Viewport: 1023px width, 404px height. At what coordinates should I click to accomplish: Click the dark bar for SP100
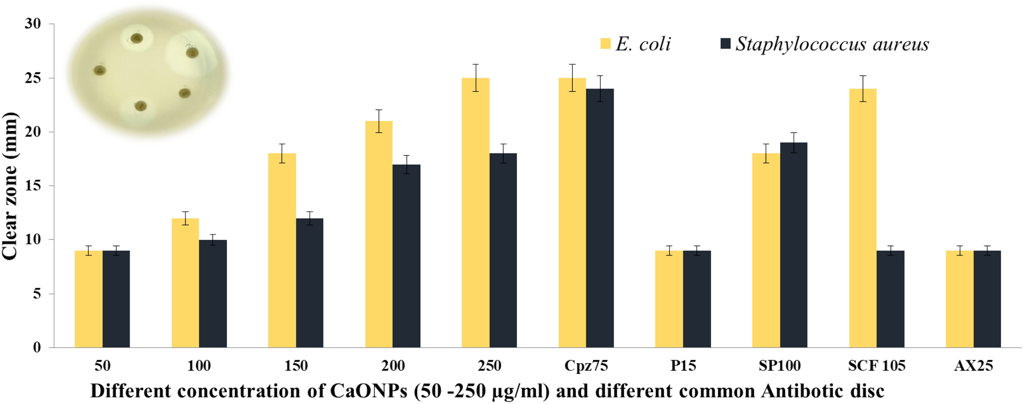pos(794,245)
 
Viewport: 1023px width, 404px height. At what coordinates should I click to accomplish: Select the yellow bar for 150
pos(282,250)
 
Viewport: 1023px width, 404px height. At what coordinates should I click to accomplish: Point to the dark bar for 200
pos(406,256)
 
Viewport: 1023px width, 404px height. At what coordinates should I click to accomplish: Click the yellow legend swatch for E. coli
pos(605,43)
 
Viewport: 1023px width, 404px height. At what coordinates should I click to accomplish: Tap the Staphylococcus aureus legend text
pos(832,44)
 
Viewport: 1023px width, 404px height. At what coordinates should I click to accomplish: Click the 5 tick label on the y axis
pos(37,294)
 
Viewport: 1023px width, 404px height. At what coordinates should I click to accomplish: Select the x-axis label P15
pos(683,366)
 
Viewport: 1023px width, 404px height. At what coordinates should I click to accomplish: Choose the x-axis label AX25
pos(973,366)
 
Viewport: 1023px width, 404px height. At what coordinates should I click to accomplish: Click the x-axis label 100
pos(199,366)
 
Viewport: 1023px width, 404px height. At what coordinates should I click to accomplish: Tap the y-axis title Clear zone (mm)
pos(10,186)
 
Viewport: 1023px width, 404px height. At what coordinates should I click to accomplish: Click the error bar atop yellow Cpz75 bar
pos(572,78)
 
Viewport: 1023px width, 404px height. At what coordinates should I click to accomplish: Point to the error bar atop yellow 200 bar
pos(379,121)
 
